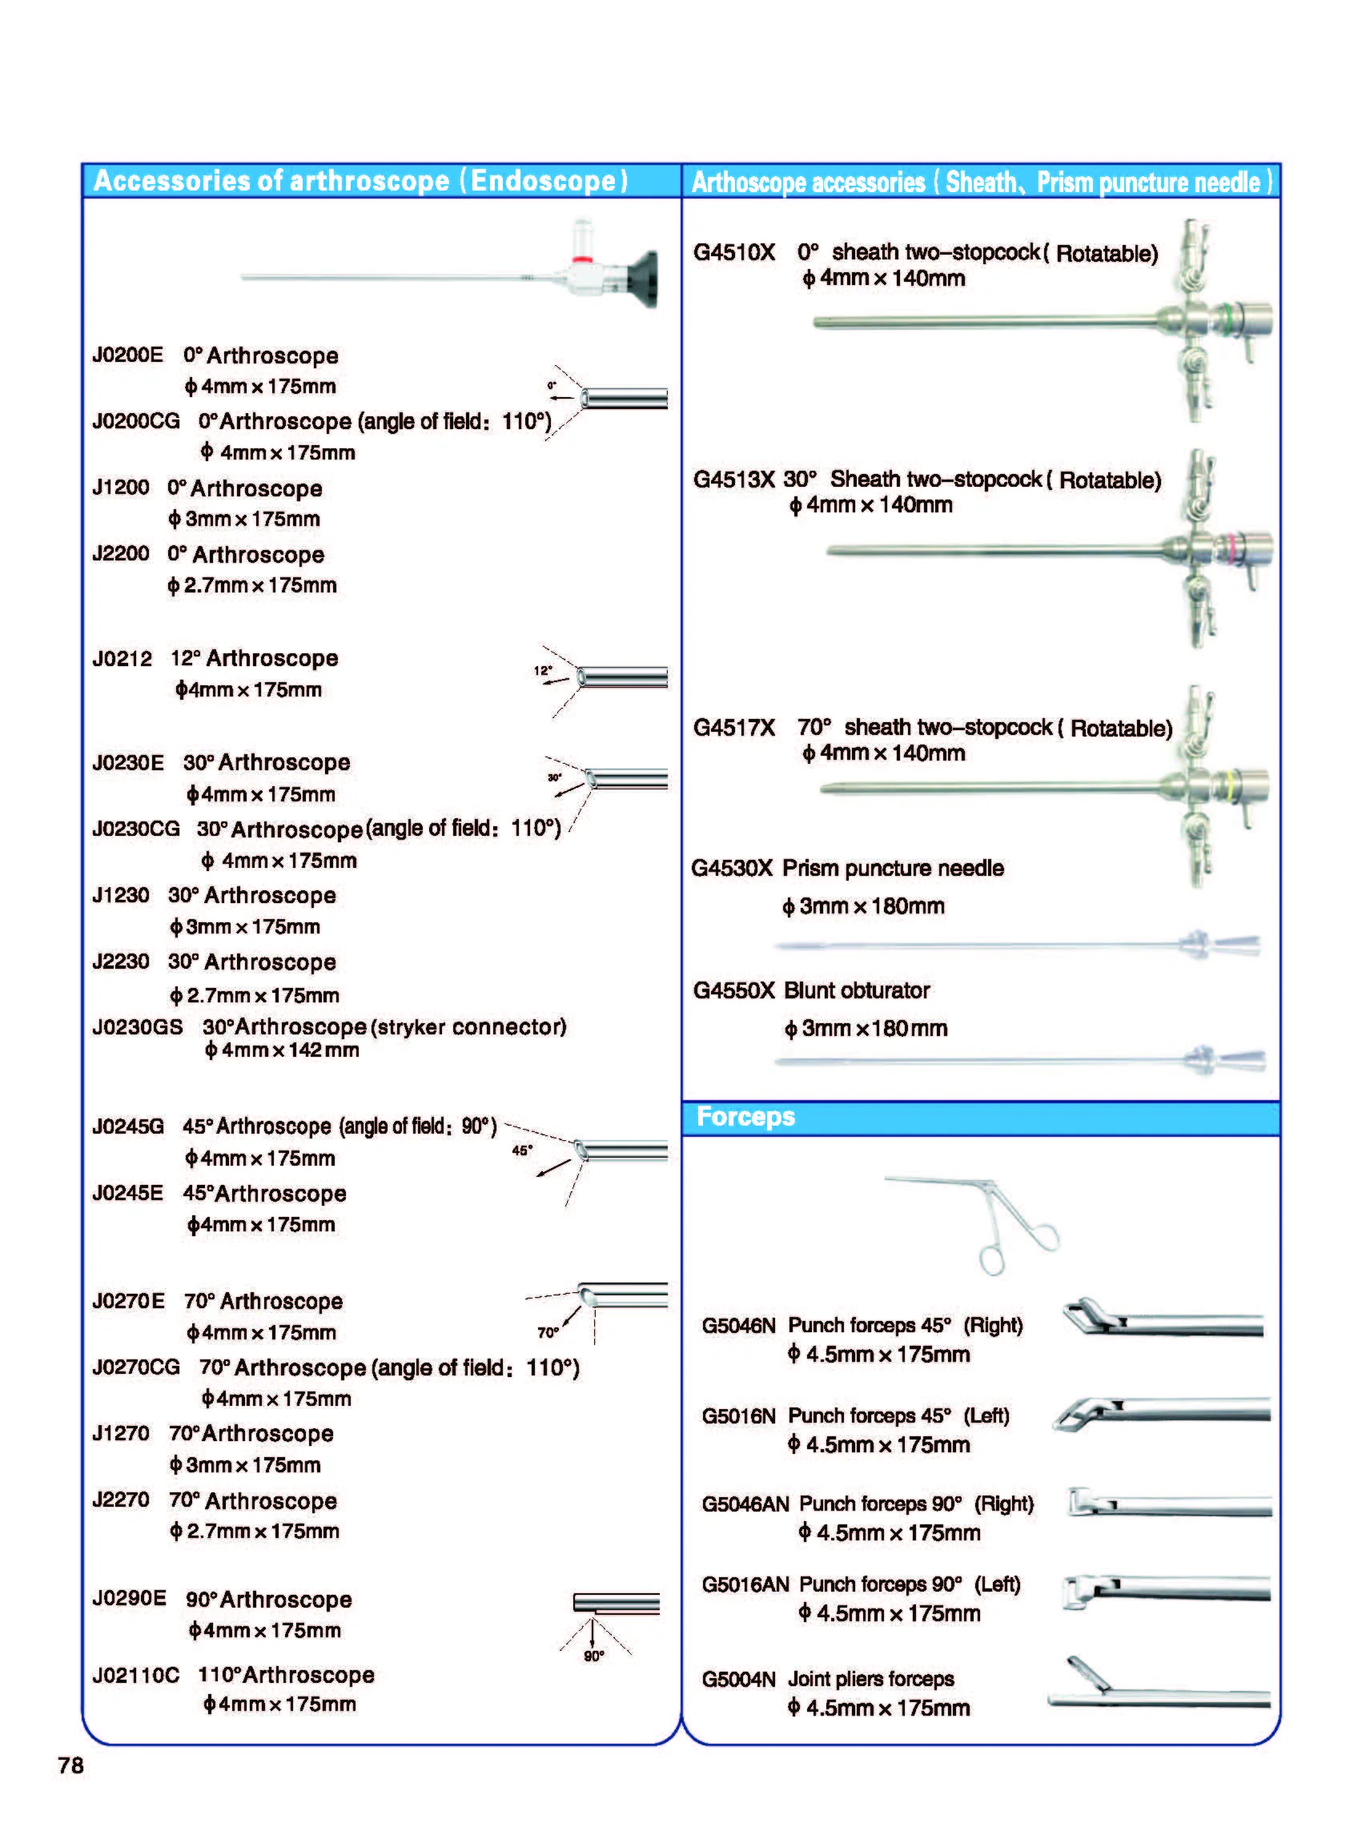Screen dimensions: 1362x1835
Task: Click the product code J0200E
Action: tap(128, 355)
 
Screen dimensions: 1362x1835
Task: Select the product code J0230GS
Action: tap(138, 1027)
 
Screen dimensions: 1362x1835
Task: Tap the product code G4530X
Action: tap(732, 868)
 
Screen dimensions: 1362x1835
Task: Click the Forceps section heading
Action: tap(745, 1116)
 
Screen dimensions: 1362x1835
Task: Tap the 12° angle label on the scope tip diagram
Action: tap(543, 670)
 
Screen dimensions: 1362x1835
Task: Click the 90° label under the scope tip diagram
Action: tap(593, 1656)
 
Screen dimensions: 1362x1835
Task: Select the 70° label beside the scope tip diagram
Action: tap(548, 1332)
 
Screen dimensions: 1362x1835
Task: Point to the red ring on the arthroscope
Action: tap(583, 259)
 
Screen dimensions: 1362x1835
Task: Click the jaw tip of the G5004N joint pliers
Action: tap(1071, 1660)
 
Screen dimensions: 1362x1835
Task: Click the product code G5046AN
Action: tap(745, 1504)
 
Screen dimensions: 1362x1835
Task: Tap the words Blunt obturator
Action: tap(857, 990)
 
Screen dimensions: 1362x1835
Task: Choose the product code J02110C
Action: tap(135, 1676)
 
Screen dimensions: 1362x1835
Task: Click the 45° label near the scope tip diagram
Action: tap(522, 1150)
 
